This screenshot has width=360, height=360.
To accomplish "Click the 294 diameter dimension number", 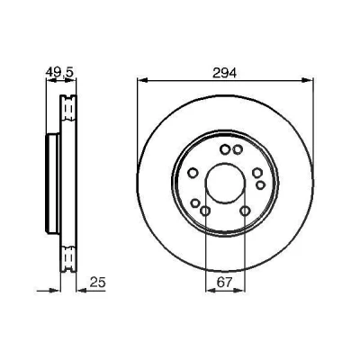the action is [224, 73].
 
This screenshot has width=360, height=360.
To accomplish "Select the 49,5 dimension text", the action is [60, 72].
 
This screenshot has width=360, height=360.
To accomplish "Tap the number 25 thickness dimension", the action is [98, 283].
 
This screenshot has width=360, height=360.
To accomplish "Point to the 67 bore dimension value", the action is [225, 283].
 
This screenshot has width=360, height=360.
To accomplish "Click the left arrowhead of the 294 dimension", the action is [142, 80].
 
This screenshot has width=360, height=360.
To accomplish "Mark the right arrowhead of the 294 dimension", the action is [307, 80].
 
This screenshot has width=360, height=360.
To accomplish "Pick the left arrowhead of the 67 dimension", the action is [211, 290].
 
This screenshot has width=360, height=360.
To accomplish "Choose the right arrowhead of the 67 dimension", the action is [240, 290].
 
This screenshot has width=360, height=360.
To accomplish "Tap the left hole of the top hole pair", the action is [224, 149].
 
